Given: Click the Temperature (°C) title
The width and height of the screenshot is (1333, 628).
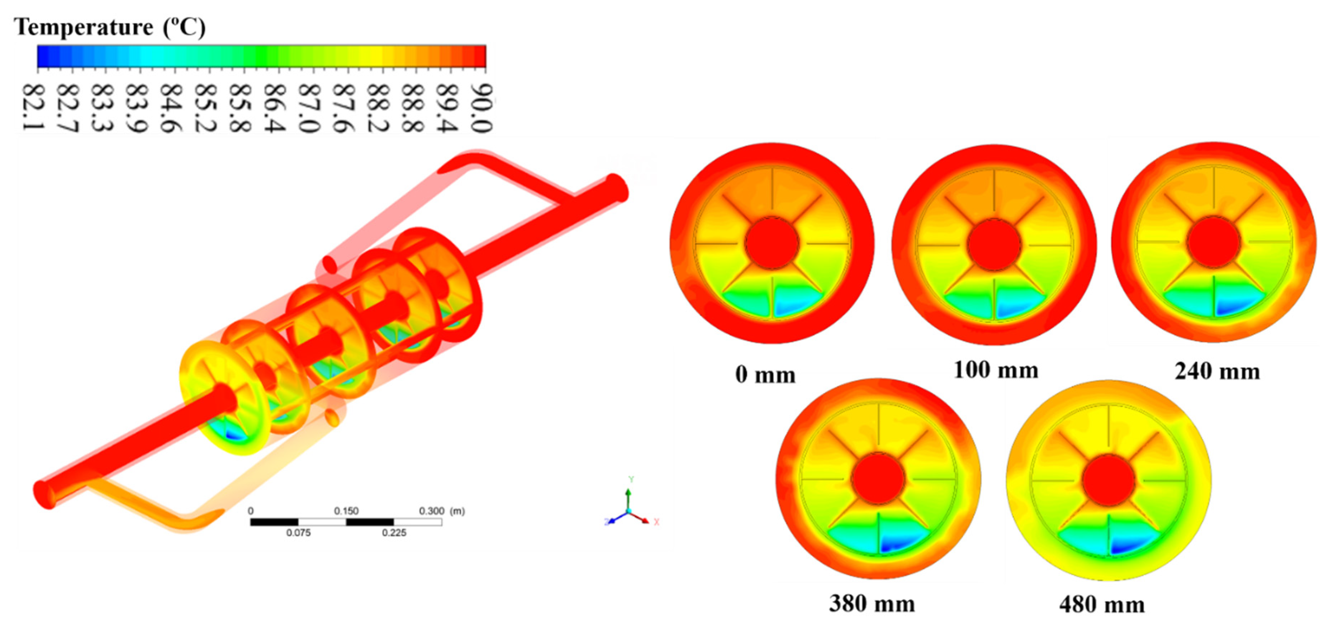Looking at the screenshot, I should (x=109, y=27).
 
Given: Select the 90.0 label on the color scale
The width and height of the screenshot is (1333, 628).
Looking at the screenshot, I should (x=481, y=108).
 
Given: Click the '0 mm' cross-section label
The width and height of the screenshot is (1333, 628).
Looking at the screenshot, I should (x=765, y=375).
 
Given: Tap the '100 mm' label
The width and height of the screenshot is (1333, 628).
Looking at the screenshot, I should (x=996, y=370).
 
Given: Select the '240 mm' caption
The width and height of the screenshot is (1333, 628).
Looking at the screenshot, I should (x=1217, y=371).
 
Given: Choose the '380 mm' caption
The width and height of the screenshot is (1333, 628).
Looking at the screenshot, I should (x=872, y=604).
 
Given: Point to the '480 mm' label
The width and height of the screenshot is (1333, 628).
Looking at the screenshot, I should (x=1102, y=605).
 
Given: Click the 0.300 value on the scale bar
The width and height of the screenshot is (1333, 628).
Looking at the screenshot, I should (x=431, y=511).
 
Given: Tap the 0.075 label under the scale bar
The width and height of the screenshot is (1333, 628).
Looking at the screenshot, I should (x=299, y=533).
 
